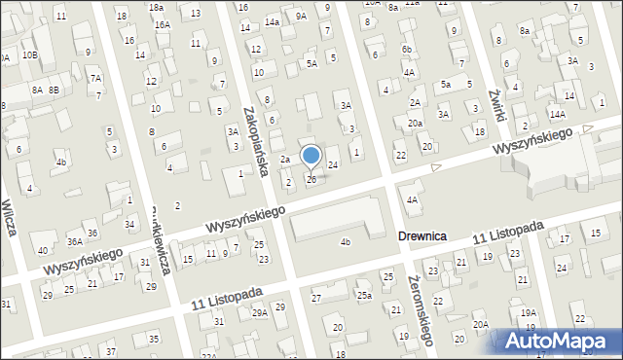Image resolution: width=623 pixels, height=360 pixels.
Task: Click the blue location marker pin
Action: click(311, 156)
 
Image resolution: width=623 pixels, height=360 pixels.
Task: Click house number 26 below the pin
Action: click(311, 179)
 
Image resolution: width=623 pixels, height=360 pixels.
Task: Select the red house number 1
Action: click(356, 152)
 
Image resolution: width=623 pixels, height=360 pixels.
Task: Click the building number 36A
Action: click(74, 241)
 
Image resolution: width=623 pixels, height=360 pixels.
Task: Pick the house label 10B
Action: click(30, 54)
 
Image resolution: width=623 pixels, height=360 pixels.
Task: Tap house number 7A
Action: click(95, 78)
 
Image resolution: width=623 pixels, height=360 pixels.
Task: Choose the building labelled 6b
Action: click(407, 50)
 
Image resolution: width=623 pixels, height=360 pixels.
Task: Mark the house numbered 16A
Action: click(162, 24)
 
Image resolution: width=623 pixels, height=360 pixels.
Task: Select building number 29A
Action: click(260, 312)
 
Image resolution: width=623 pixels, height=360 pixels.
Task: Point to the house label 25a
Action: click(364, 295)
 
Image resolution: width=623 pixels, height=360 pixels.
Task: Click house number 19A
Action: click(528, 312)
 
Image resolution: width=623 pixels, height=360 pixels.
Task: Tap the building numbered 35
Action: click(154, 339)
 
